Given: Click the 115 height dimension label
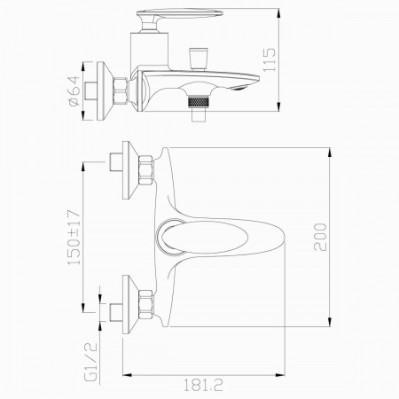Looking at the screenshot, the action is point(270,59).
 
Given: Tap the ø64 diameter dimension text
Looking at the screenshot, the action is point(74,90).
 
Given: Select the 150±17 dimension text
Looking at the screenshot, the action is point(74,238).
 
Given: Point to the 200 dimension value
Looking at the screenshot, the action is point(320,237).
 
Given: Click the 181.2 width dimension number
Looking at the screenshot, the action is point(203,385).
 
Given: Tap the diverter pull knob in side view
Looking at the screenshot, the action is point(199,58).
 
